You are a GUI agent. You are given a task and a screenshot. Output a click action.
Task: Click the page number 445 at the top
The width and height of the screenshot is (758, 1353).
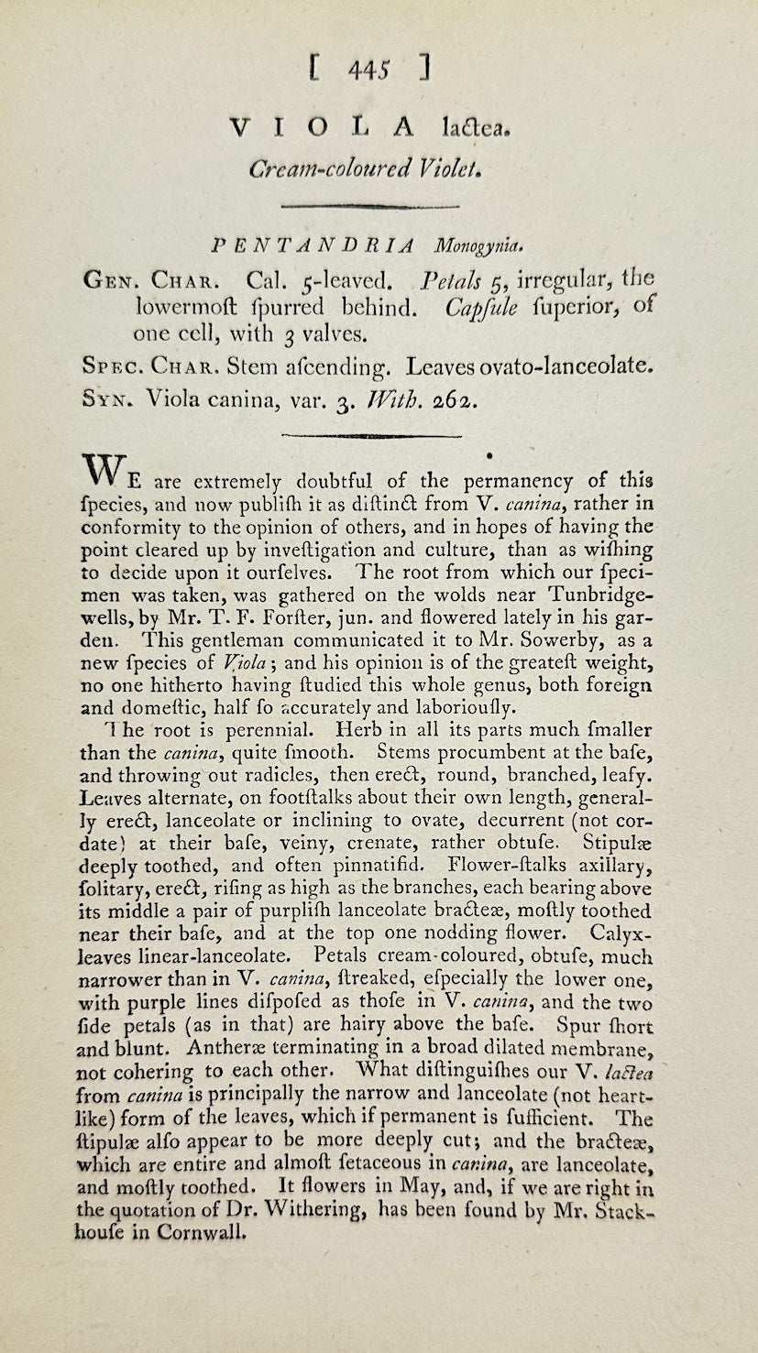378,68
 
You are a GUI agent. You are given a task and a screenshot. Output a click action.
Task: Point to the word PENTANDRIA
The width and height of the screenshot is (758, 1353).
313,246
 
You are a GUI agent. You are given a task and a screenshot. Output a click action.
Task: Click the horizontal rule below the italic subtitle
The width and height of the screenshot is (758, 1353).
378,208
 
